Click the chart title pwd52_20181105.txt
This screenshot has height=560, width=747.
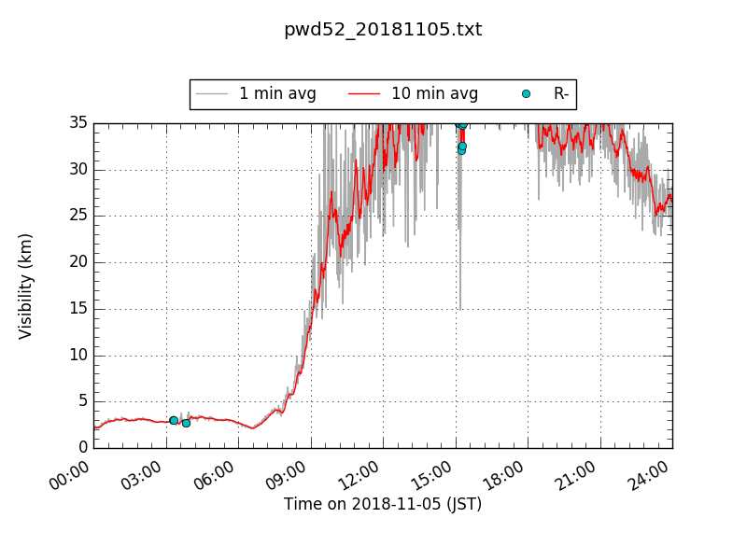tap(383, 30)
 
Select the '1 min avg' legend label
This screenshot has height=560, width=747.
tap(277, 94)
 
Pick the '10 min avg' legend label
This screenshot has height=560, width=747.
tap(434, 94)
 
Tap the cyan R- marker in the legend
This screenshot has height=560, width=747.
tap(526, 94)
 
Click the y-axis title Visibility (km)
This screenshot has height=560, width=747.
tap(26, 286)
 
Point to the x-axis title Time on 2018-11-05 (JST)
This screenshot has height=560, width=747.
tap(383, 504)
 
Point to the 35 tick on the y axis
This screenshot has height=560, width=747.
tap(78, 122)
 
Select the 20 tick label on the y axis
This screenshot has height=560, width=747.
tap(78, 261)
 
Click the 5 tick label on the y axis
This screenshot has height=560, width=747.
tap(82, 400)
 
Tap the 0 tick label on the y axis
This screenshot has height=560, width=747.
tap(82, 447)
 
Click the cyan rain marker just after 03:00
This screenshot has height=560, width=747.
tap(174, 420)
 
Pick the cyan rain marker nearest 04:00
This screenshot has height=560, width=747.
tap(186, 423)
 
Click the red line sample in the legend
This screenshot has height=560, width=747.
tap(364, 94)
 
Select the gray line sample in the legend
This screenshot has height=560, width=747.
tap(212, 94)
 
